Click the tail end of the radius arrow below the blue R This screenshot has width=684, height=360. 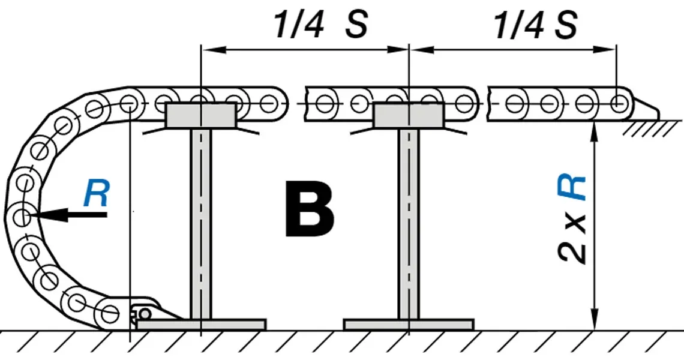(107, 214)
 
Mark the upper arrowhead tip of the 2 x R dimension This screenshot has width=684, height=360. (594, 122)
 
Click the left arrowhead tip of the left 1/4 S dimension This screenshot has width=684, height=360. (201, 49)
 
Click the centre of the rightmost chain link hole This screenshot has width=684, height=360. (618, 104)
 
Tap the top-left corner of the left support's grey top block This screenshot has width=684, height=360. (167, 104)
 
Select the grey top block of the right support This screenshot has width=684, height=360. (409, 116)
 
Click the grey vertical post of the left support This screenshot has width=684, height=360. (200, 224)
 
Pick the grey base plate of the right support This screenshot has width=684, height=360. (409, 325)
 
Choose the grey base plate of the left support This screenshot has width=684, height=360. (201, 325)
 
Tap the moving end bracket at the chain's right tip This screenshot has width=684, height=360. (646, 109)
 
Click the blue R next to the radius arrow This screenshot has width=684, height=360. (97, 193)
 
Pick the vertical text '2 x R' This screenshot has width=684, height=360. (572, 220)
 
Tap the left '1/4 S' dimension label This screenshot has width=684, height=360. (320, 24)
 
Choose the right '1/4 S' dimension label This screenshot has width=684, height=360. (536, 24)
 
